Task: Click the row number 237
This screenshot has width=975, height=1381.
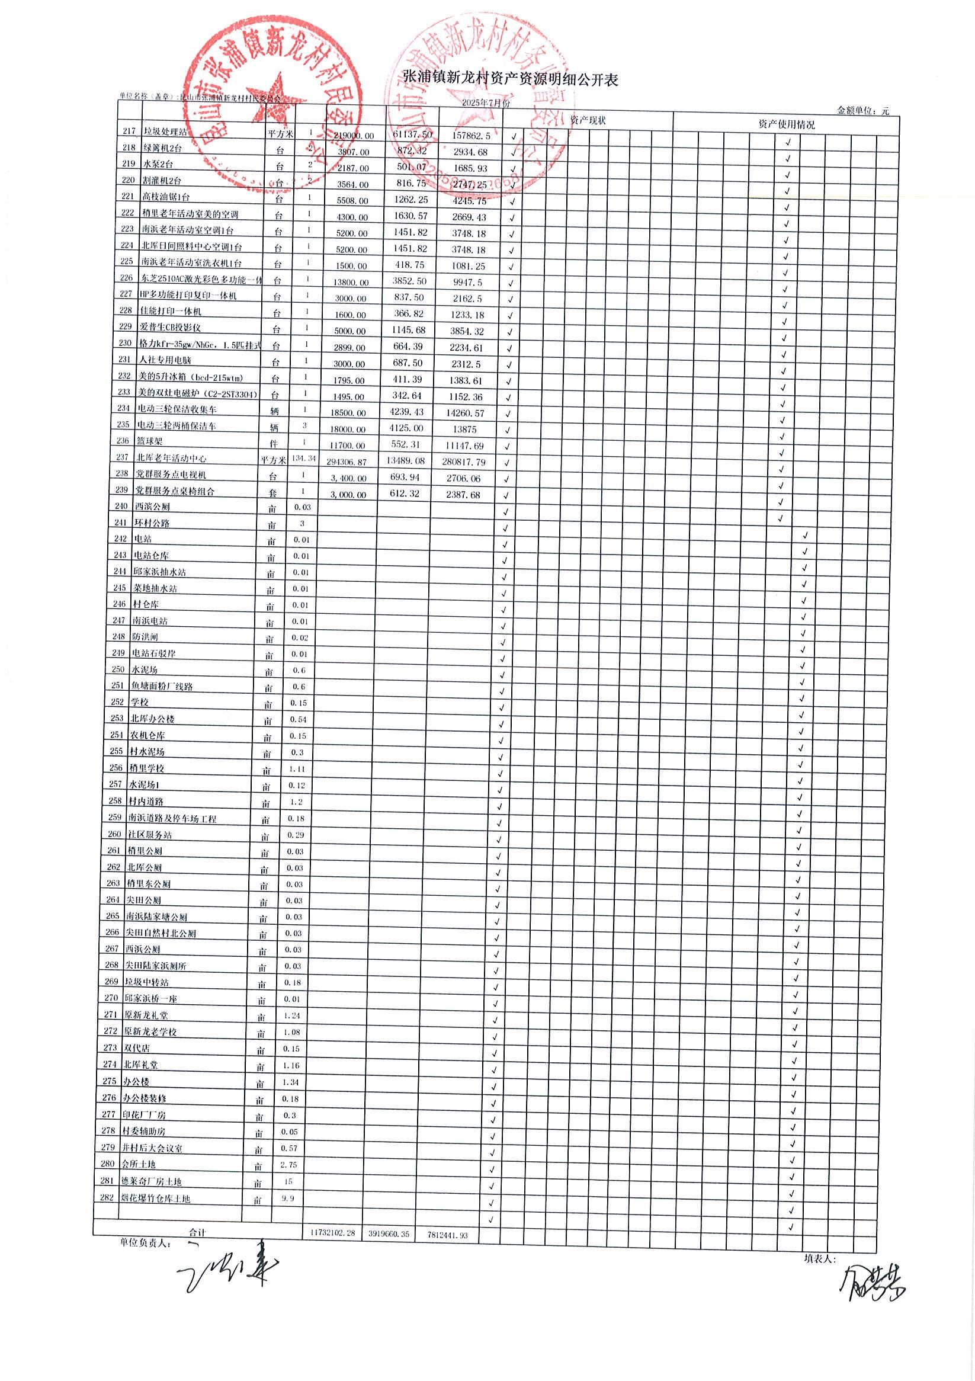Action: pyautogui.click(x=123, y=457)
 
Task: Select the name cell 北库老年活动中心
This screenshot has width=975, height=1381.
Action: pyautogui.click(x=171, y=459)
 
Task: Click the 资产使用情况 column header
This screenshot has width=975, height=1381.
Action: pyautogui.click(x=786, y=124)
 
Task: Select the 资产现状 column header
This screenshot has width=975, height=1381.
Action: pyautogui.click(x=588, y=120)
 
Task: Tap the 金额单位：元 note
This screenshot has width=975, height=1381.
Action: pyautogui.click(x=862, y=111)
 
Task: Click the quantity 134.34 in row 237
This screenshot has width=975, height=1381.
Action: pyautogui.click(x=303, y=459)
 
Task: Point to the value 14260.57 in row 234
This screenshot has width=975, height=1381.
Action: pyautogui.click(x=467, y=413)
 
